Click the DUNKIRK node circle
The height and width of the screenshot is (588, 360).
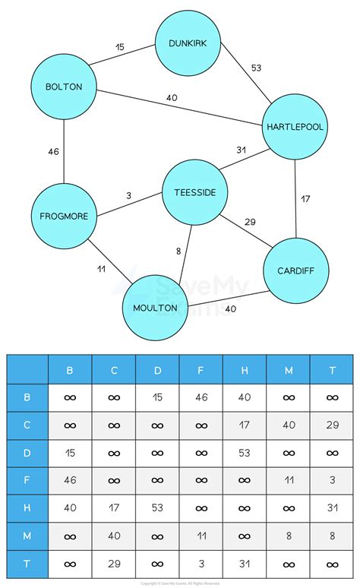coord(188,43)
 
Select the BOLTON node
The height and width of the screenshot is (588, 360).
coord(64,87)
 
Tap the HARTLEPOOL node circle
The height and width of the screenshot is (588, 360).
coord(295,127)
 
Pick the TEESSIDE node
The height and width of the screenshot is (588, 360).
coord(195,192)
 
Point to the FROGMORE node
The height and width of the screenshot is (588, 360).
coord(64,217)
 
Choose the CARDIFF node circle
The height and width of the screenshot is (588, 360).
coord(292,270)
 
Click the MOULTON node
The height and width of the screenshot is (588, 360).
coord(155,308)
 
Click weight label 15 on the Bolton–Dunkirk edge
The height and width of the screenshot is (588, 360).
coord(120,47)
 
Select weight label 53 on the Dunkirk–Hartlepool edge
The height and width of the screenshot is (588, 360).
coord(257,68)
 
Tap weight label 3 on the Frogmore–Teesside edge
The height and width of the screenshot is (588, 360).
coord(128,195)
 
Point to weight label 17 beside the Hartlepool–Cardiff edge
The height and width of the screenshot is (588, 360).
coord(305,199)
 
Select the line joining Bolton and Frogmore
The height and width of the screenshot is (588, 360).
coord(64,152)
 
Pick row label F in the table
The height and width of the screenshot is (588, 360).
coord(27,479)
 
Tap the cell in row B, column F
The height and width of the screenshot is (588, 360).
coord(201,397)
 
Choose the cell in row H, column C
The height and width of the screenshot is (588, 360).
coord(114,507)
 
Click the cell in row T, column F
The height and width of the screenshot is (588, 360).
coord(201,561)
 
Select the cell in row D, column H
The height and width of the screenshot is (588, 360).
coord(245,452)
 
